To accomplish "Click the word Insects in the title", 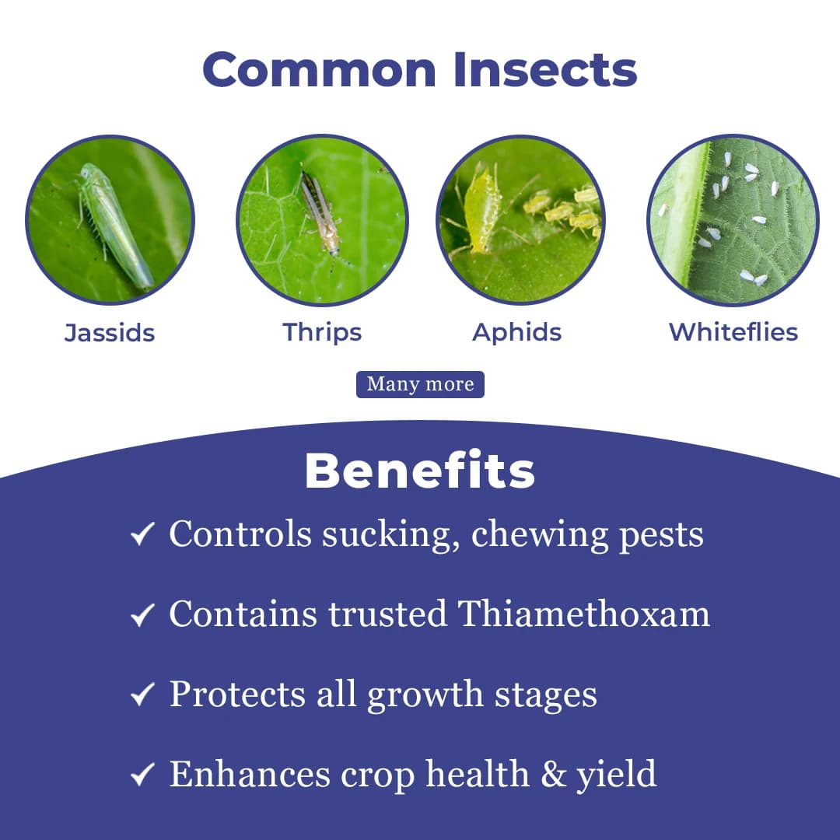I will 544,69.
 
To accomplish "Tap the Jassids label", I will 110,333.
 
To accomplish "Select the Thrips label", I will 322,332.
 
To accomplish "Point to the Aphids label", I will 517,332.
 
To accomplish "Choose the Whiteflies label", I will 733,332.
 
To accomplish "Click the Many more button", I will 420,384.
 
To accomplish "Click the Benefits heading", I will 420,471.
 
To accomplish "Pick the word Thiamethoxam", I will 583,614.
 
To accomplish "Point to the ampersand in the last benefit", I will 554,774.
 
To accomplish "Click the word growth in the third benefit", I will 419,695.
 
